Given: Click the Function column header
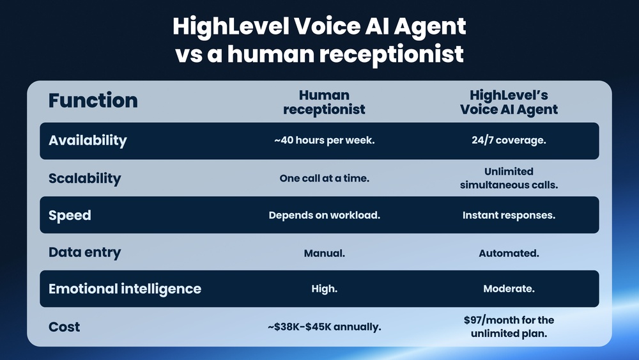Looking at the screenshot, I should (93, 100).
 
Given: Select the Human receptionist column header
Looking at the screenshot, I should (324, 102).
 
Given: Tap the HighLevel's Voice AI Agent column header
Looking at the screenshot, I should (509, 102).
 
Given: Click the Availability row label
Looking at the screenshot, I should (88, 141).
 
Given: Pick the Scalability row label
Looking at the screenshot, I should (84, 178).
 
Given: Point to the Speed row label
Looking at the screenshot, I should (70, 215).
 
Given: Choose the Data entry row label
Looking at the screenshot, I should (84, 253).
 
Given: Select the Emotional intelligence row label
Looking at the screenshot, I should (125, 289).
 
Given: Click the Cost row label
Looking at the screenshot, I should (65, 327).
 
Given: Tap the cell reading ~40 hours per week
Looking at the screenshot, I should (324, 141).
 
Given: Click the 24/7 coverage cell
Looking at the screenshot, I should (509, 141).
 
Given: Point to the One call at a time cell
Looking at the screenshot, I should (324, 178).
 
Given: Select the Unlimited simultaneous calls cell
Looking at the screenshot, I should (509, 178).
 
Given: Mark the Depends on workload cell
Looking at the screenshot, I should (324, 215).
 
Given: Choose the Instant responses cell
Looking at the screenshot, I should (509, 215).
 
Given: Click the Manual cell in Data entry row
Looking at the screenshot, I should (324, 253).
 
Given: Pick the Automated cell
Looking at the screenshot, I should (509, 253).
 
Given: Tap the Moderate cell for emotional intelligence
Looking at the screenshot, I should (509, 289).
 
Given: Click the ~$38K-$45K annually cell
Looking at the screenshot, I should (324, 327).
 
